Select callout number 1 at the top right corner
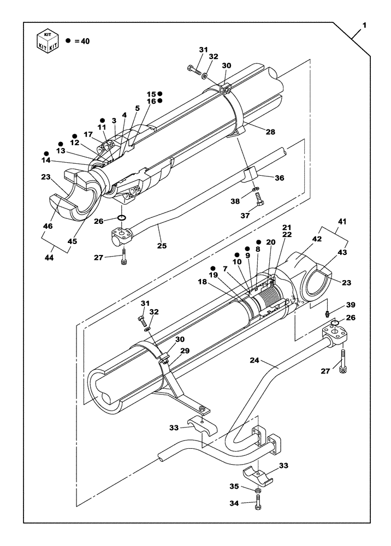pyautogui.click(x=364, y=26)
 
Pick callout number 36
pyautogui.click(x=279, y=177)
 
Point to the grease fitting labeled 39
pyautogui.click(x=327, y=313)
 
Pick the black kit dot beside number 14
pyautogui.click(x=46, y=153)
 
